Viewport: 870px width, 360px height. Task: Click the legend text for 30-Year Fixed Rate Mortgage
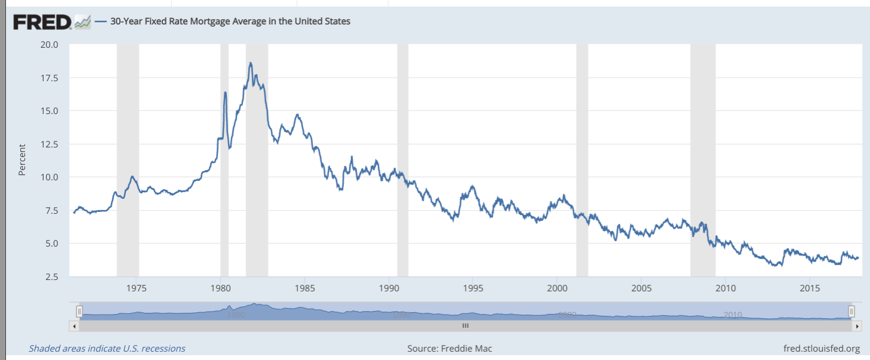tap(230, 21)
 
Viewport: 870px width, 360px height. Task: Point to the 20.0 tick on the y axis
tap(49, 45)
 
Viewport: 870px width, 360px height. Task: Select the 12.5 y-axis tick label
tap(49, 144)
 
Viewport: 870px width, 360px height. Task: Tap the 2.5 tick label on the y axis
tap(51, 276)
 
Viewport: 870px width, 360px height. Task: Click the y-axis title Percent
tap(22, 160)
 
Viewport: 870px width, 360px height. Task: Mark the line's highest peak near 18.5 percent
tap(250, 63)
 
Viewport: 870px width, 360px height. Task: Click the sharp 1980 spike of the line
tap(225, 93)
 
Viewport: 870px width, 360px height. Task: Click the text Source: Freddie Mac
tap(450, 348)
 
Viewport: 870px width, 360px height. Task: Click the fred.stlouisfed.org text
tap(821, 348)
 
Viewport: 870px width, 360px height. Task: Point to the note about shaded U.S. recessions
tap(107, 348)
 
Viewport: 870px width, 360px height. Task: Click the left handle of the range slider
tap(79, 311)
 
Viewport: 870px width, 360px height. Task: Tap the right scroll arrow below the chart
tap(857, 326)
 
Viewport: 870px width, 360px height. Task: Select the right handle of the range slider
tap(851, 311)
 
